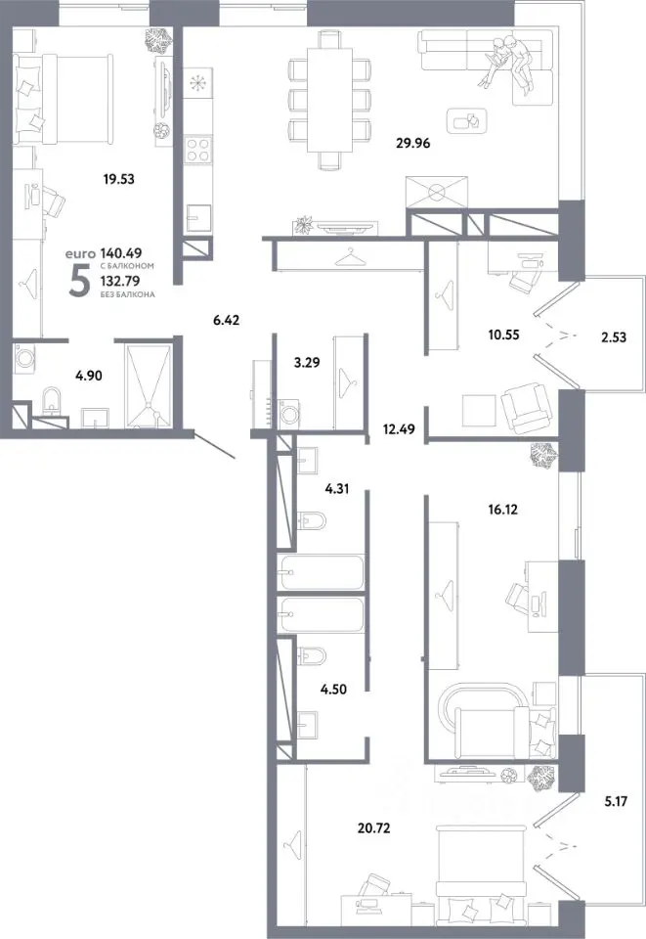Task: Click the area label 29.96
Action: (413, 143)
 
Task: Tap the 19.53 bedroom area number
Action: (118, 178)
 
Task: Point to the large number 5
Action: (79, 281)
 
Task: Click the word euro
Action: (80, 254)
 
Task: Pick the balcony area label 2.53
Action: (614, 337)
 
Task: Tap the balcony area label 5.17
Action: (616, 801)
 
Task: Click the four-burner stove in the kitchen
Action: (198, 149)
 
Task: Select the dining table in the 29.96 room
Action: (329, 100)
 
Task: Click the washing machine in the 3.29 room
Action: (289, 413)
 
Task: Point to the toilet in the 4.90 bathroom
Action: (53, 402)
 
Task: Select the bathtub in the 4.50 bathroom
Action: (321, 615)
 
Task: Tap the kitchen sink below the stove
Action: (198, 217)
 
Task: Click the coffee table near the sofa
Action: (467, 121)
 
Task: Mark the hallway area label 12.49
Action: (399, 429)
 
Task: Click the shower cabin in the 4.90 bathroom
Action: (149, 386)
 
